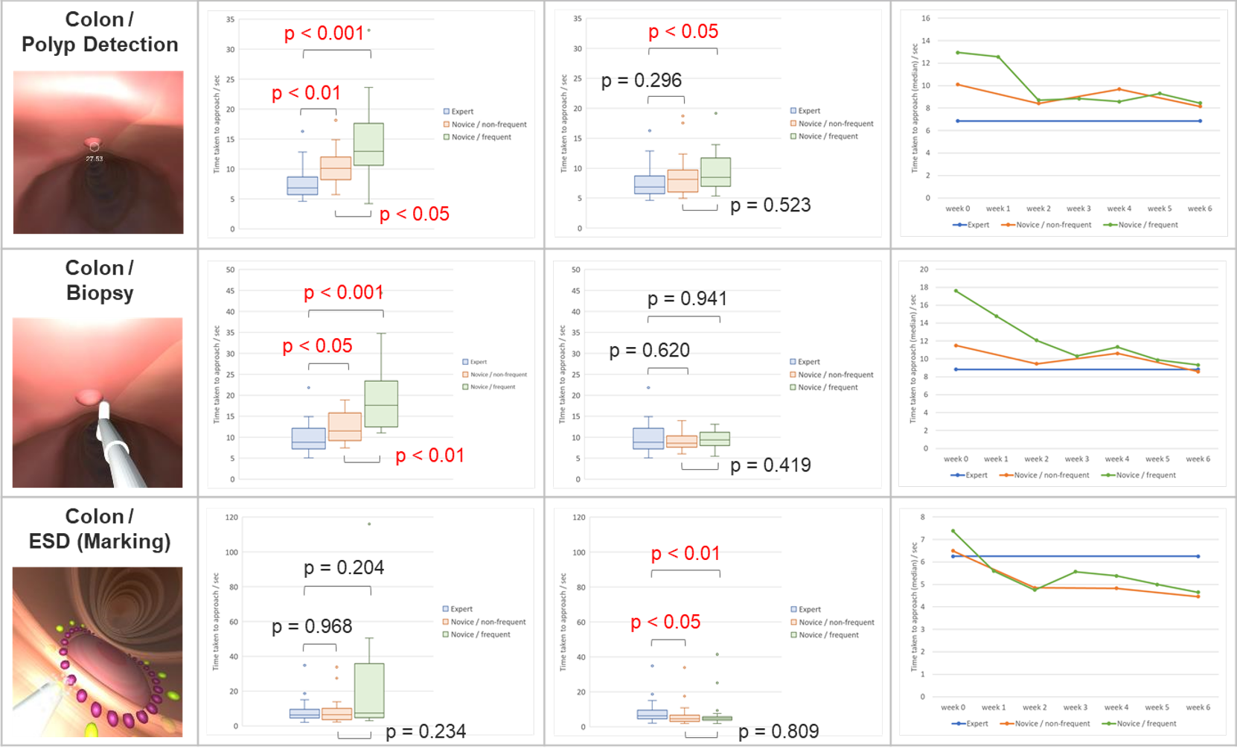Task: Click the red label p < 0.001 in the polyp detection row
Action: coord(324,34)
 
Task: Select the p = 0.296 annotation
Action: coord(641,80)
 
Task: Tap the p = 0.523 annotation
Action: coord(770,206)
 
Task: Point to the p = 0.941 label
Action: coord(686,299)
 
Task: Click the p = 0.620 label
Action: coord(649,350)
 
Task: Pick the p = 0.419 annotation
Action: coord(770,465)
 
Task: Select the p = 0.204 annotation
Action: coord(344,568)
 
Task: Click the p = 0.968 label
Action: coord(312,627)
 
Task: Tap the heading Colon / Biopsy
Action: coord(100,280)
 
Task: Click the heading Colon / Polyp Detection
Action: coord(100,32)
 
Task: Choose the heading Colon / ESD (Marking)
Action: coord(100,529)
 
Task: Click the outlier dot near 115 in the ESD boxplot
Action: coord(369,524)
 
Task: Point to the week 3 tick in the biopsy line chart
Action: coord(1076,459)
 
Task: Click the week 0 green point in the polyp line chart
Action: coord(958,52)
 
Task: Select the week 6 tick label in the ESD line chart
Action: coord(1198,707)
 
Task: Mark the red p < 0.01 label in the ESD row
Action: coord(685,554)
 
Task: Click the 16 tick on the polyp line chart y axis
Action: coord(926,18)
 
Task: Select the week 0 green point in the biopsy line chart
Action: coord(956,291)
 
